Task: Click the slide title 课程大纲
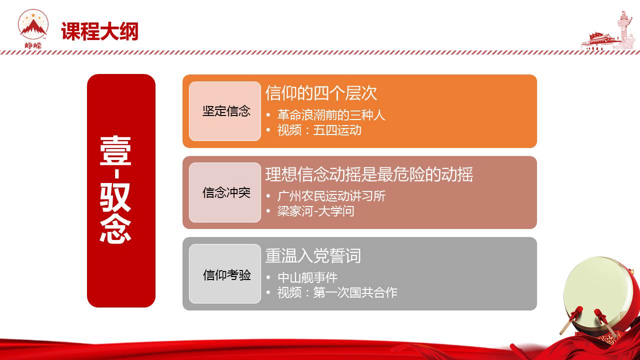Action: [99, 31]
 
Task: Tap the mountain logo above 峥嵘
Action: [33, 24]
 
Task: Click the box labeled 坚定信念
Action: [225, 111]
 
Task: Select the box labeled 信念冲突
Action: [225, 192]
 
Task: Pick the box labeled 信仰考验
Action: [225, 273]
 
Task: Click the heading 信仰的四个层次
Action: [321, 93]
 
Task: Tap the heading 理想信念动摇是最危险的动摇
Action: [369, 174]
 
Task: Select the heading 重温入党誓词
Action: [313, 255]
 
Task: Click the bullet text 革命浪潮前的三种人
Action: [331, 115]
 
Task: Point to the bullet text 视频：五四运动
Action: [319, 130]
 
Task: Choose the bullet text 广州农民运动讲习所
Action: [331, 196]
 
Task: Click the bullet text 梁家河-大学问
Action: [315, 211]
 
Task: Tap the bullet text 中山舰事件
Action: [307, 277]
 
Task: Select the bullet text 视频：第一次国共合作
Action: [337, 292]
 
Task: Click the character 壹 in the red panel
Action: [115, 150]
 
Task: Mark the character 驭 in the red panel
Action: [115, 197]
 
